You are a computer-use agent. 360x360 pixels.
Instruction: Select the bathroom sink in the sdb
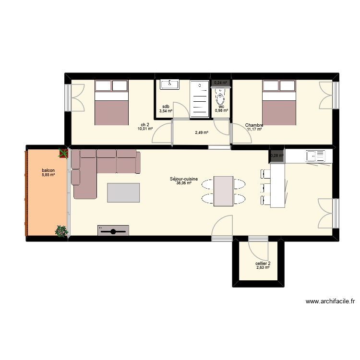pos(169,84)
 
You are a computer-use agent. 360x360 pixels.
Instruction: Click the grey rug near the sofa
pos(123,193)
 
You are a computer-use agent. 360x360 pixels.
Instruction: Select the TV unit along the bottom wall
pos(113,231)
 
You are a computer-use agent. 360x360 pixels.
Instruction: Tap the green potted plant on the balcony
pos(61,231)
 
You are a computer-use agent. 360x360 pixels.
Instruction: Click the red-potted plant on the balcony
pos(63,154)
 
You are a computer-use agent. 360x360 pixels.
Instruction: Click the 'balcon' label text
pos(48,171)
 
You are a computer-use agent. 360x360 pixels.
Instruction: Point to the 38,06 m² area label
pos(184,183)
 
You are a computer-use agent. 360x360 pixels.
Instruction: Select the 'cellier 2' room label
pos(263,263)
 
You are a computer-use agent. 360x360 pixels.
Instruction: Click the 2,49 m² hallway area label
pos(202,133)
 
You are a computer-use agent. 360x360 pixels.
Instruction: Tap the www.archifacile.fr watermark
pos(330,302)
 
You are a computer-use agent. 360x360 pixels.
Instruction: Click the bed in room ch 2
pos(111,102)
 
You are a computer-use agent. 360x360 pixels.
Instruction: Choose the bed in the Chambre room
pos(278,102)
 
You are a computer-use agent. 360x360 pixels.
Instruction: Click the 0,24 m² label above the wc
pos(220,83)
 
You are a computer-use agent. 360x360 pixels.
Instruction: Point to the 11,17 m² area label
pos(254,129)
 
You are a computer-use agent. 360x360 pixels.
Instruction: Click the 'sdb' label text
pos(165,107)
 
